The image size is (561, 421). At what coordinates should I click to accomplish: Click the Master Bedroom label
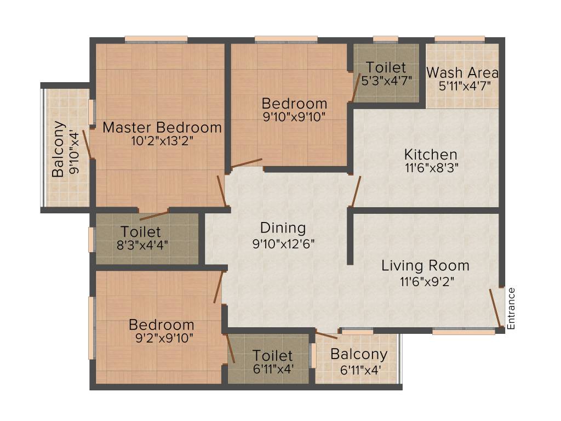[x=162, y=128]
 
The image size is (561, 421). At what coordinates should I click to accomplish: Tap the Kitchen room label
[x=431, y=154]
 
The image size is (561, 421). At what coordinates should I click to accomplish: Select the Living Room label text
[x=425, y=266]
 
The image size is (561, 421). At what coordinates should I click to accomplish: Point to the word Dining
[x=283, y=227]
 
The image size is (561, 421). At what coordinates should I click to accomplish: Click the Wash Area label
[x=462, y=72]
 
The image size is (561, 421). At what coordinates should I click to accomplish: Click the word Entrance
[x=512, y=308]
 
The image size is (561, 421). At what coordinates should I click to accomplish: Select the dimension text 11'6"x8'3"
[x=431, y=168]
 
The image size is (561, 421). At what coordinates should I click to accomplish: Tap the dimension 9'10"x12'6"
[x=283, y=243]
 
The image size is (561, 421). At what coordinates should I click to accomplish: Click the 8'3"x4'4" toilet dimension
[x=141, y=244]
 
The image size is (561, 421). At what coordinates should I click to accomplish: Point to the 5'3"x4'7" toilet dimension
[x=386, y=81]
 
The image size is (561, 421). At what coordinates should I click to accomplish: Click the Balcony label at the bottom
[x=359, y=354]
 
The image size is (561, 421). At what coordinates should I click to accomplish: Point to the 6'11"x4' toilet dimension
[x=273, y=369]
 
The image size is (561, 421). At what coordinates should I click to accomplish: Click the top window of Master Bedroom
[x=156, y=39]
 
